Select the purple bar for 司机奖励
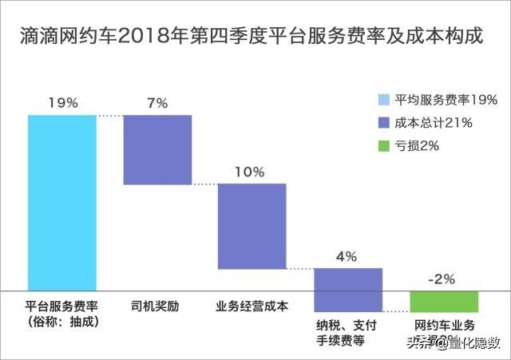(x=157, y=150)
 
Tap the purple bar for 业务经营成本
(x=252, y=226)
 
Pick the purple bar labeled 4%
(x=348, y=289)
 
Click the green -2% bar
(x=443, y=301)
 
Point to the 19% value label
(x=62, y=103)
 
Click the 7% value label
(x=157, y=103)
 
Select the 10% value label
(x=252, y=171)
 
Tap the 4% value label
(x=347, y=256)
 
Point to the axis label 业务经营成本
(x=252, y=306)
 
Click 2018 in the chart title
(x=141, y=37)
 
